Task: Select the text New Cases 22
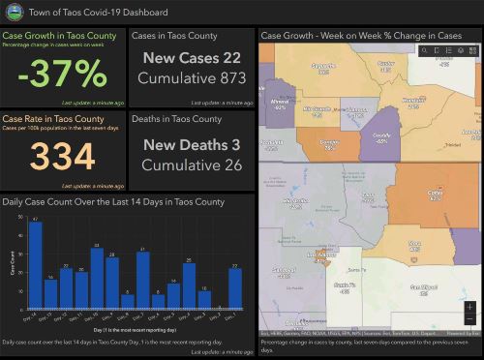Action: tap(192, 59)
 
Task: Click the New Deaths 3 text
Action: tap(192, 144)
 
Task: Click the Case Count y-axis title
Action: tap(13, 261)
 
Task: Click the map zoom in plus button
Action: tap(469, 307)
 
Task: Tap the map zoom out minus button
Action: tap(469, 319)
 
